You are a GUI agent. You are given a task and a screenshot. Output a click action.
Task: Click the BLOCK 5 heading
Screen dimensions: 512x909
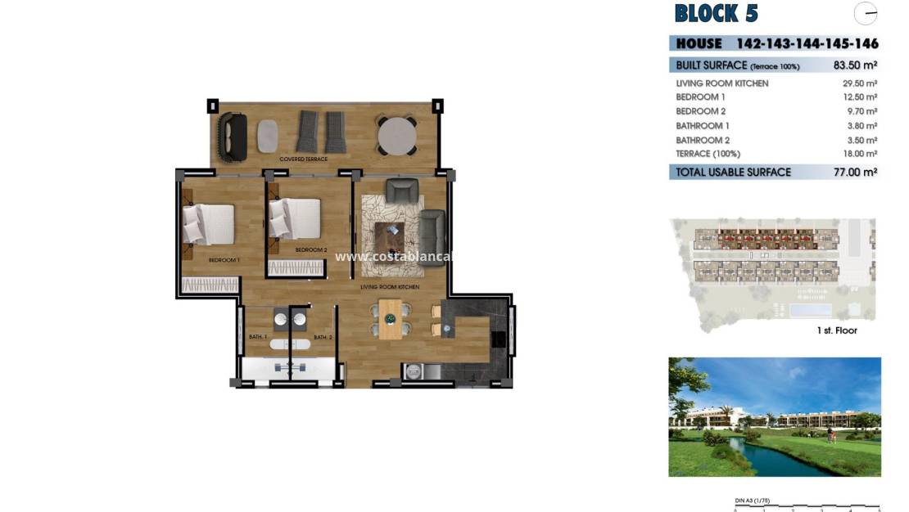pyautogui.click(x=716, y=14)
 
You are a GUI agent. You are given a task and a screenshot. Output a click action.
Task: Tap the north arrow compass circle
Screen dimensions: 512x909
pyautogui.click(x=865, y=14)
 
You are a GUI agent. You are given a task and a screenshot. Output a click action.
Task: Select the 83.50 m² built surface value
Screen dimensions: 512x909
pyautogui.click(x=855, y=65)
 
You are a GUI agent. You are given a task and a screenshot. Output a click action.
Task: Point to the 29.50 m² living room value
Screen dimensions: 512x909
pyautogui.click(x=860, y=83)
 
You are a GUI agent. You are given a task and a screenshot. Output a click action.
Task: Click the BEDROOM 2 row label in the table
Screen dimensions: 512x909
pyautogui.click(x=701, y=111)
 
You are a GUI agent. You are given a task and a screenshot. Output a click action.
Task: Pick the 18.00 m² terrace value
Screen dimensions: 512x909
pyautogui.click(x=860, y=154)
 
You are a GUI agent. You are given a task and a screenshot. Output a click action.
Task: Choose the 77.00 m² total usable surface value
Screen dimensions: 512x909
pyautogui.click(x=855, y=173)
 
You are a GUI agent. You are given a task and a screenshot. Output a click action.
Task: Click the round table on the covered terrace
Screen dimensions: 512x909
pyautogui.click(x=396, y=136)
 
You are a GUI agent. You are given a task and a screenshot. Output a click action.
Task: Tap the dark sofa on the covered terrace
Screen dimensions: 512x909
pyautogui.click(x=233, y=136)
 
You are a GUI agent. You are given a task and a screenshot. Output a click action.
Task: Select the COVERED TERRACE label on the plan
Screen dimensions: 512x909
pyautogui.click(x=304, y=159)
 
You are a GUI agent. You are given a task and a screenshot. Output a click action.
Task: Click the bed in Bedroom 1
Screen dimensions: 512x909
pyautogui.click(x=210, y=224)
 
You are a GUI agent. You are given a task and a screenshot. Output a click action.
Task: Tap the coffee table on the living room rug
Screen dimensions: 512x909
pyautogui.click(x=391, y=237)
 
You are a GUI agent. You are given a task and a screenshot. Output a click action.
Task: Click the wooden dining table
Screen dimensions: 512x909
pyautogui.click(x=391, y=319)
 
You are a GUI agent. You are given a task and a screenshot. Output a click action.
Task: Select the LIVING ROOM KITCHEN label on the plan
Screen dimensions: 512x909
pyautogui.click(x=391, y=287)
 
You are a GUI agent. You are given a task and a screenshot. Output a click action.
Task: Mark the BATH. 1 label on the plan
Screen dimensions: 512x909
pyautogui.click(x=258, y=337)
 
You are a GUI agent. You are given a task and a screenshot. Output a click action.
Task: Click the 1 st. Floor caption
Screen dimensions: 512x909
pyautogui.click(x=836, y=330)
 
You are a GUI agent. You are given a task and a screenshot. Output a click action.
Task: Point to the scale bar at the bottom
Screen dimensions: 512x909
pyautogui.click(x=807, y=507)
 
